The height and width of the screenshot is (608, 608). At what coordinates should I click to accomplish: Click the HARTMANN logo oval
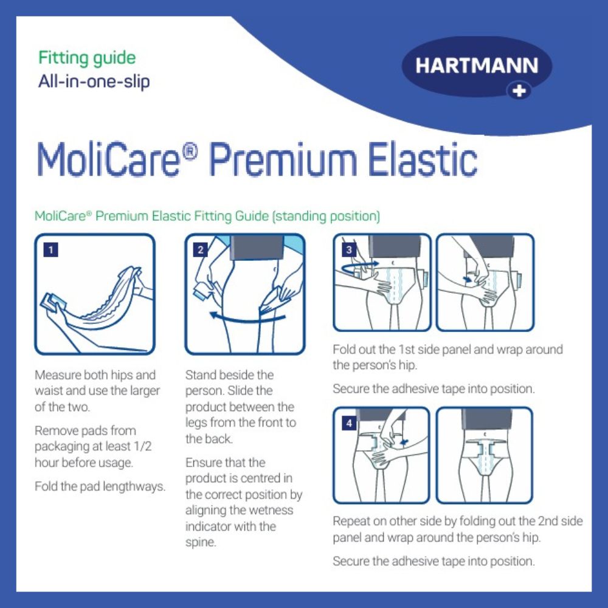click(x=477, y=66)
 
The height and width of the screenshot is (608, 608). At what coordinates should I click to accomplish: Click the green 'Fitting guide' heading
click(x=87, y=58)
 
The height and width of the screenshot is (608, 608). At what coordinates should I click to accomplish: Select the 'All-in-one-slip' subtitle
click(x=94, y=81)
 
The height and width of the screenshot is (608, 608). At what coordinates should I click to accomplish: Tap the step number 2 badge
click(x=201, y=249)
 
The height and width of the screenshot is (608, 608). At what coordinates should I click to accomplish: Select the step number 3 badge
click(x=349, y=249)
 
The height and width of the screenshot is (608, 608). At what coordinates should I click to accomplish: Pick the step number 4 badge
click(x=349, y=423)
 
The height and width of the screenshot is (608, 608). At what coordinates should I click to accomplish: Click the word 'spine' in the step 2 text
click(x=201, y=542)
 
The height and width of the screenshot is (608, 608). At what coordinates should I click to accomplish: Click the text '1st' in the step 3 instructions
click(x=406, y=350)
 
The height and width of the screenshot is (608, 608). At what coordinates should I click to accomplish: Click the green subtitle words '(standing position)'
click(x=326, y=216)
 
